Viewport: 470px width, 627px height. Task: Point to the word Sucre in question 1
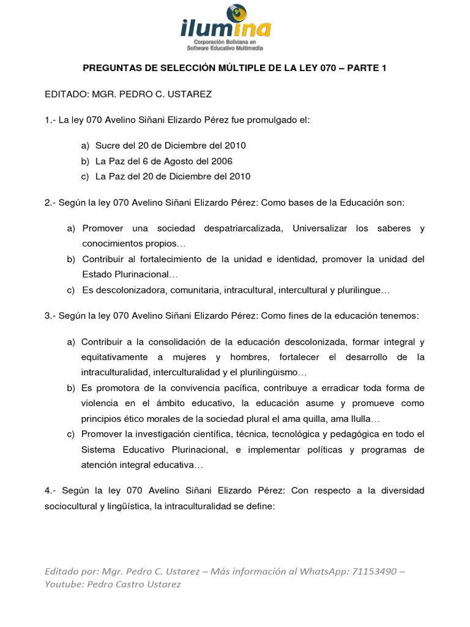tap(107, 146)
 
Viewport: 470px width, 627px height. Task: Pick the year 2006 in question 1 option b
tap(222, 161)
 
